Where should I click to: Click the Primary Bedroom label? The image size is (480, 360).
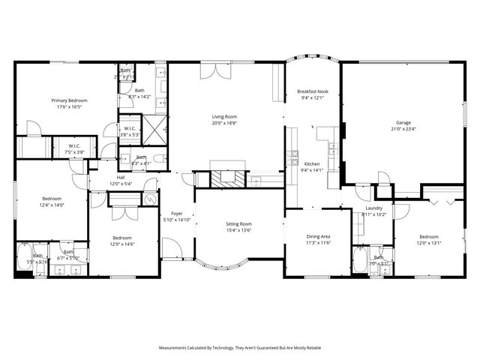pyautogui.click(x=69, y=100)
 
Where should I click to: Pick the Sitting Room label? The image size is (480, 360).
pyautogui.click(x=239, y=224)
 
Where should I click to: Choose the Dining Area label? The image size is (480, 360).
pyautogui.click(x=319, y=236)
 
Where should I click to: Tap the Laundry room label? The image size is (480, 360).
pyautogui.click(x=374, y=208)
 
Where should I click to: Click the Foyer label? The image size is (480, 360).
pyautogui.click(x=177, y=214)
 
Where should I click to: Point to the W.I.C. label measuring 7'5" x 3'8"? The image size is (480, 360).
pyautogui.click(x=74, y=145)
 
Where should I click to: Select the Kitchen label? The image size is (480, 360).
pyautogui.click(x=311, y=164)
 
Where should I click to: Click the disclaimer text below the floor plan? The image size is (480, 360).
pyautogui.click(x=240, y=348)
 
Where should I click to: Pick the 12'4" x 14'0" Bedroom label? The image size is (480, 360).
pyautogui.click(x=52, y=198)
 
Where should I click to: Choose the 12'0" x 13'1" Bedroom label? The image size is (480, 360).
pyautogui.click(x=429, y=236)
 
